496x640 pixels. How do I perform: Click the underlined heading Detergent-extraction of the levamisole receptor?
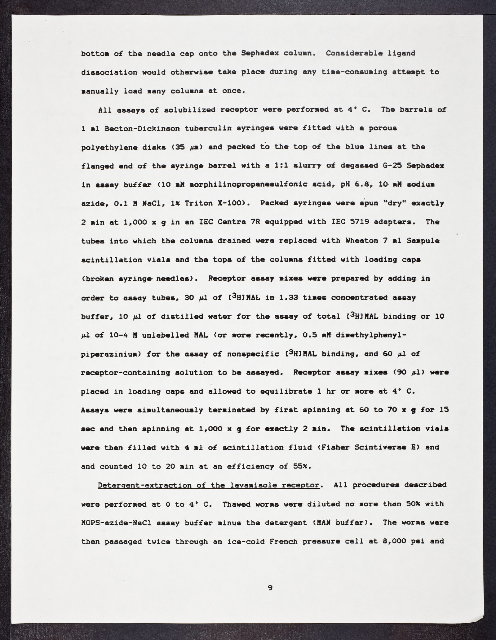click(208, 485)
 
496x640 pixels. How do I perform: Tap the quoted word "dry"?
click(396, 203)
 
